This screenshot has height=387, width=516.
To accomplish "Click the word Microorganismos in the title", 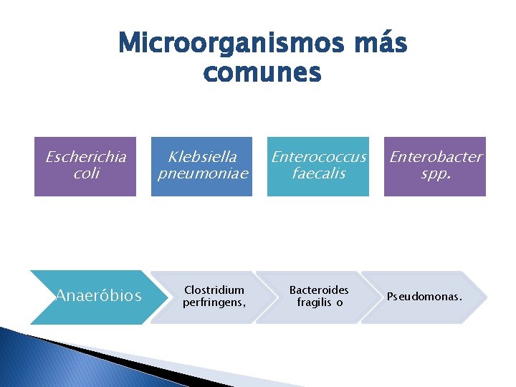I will tap(227, 44).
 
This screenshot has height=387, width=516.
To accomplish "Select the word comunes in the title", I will tap(262, 72).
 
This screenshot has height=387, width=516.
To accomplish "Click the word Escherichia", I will tap(85, 157).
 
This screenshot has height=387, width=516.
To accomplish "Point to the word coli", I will tap(85, 173).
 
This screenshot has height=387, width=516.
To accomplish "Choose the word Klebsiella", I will tap(202, 157).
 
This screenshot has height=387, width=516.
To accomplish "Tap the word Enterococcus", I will tap(318, 157).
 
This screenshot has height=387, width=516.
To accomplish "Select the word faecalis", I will tap(318, 173).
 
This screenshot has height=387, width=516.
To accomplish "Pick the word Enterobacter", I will tap(436, 157).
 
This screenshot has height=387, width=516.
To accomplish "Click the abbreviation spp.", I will tap(436, 173).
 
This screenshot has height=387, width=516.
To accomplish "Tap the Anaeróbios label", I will tap(98, 296).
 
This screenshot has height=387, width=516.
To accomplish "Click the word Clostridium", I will tap(214, 290).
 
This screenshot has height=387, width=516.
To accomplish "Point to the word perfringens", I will tap(214, 302).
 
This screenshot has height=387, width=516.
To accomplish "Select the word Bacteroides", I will tap(319, 290).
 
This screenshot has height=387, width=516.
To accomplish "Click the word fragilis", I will tap(314, 302).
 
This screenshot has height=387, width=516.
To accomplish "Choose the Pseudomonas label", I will tap(424, 296).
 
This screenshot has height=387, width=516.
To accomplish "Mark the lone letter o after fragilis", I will tap(340, 303).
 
